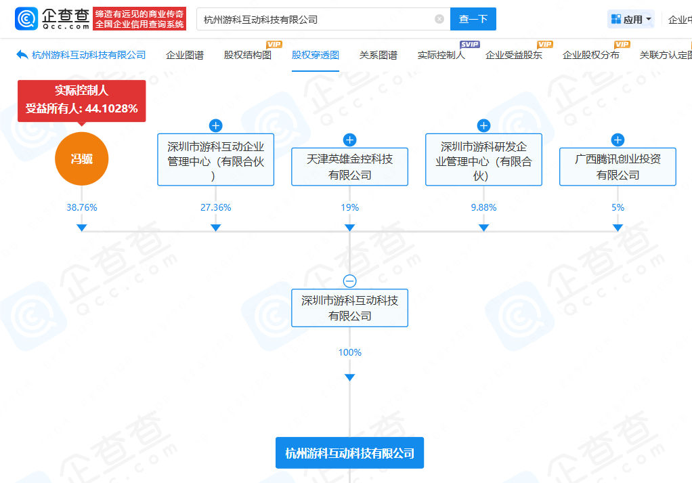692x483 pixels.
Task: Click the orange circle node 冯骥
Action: (x=81, y=159)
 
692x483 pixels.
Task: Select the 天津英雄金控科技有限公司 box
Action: (x=349, y=167)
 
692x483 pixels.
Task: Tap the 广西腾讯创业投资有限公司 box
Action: (x=618, y=167)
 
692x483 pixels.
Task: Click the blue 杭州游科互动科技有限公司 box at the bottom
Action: (x=349, y=453)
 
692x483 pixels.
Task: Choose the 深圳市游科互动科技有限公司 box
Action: (x=349, y=308)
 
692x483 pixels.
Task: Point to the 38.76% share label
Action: (x=81, y=207)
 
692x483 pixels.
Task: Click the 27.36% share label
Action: (x=215, y=207)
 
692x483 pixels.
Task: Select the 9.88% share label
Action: (x=483, y=207)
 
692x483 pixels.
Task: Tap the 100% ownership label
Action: (x=349, y=352)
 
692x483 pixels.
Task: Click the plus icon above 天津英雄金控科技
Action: (x=349, y=140)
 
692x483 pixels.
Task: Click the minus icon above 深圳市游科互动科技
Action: (x=349, y=281)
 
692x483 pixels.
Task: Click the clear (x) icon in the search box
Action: (x=439, y=19)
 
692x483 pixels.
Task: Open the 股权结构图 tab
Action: (x=247, y=55)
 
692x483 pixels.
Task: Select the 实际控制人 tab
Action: (x=441, y=55)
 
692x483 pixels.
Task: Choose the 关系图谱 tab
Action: (x=378, y=55)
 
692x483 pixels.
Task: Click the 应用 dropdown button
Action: (x=631, y=20)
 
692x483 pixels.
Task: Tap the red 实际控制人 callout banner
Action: (x=81, y=100)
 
